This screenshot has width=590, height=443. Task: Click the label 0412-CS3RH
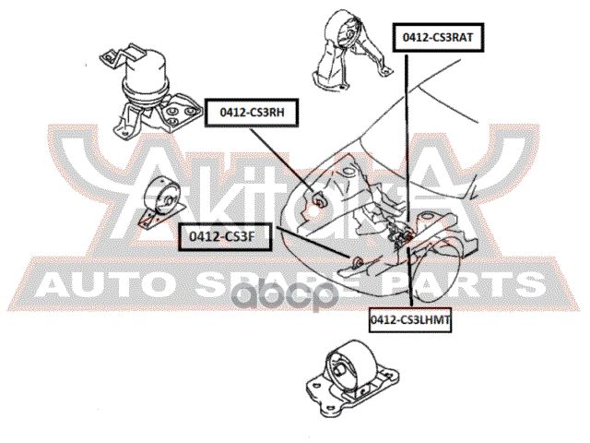(x=251, y=112)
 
